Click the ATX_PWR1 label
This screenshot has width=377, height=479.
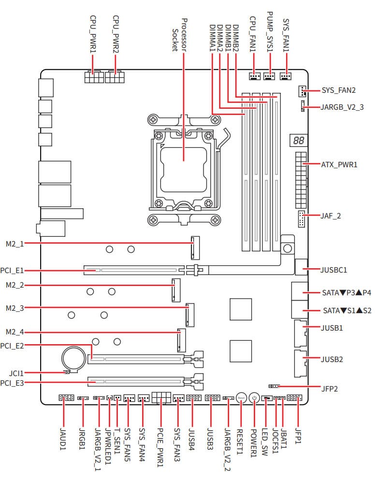click(339, 165)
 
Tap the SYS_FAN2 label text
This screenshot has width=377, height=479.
click(339, 90)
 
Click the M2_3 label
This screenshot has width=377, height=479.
click(14, 308)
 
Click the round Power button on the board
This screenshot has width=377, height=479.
click(255, 398)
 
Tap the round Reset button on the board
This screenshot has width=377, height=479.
click(242, 398)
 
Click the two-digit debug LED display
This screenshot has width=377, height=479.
click(298, 141)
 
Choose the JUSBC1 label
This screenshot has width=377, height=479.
click(334, 269)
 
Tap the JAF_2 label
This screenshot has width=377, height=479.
click(331, 216)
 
